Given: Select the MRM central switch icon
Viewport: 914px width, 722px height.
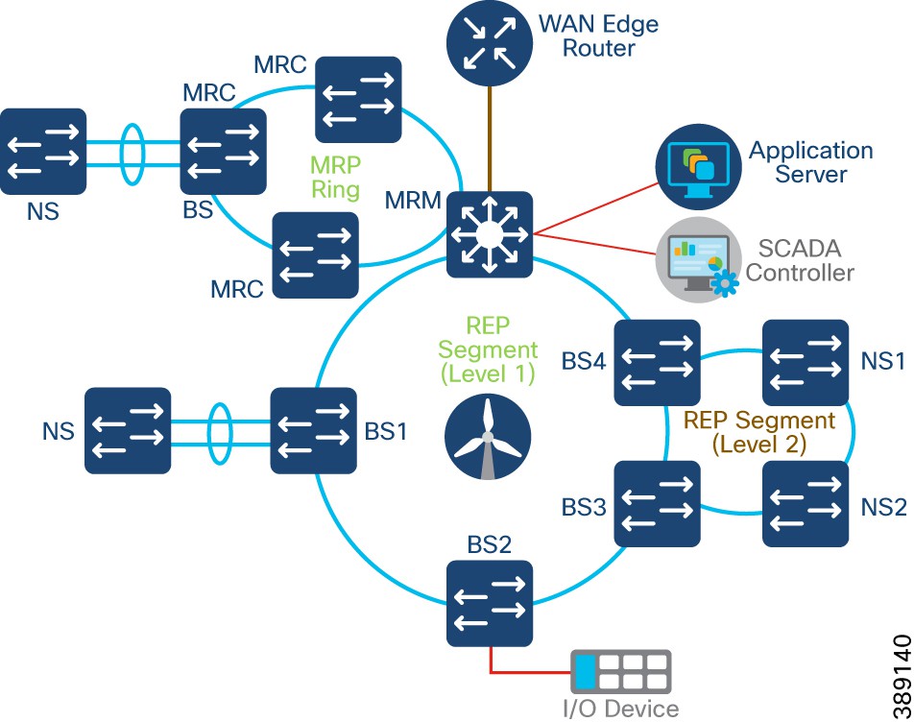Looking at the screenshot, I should point(490,234).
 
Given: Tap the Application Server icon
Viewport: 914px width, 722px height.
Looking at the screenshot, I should point(698,164).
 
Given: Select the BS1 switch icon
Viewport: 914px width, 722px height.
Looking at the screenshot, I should point(313,431).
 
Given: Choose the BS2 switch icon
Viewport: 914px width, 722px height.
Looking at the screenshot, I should point(490,603).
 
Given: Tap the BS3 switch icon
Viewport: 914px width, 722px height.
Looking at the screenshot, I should point(657,503).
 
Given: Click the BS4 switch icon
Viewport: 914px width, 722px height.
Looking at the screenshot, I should point(657,363).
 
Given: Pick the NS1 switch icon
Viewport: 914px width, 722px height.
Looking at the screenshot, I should point(806,363).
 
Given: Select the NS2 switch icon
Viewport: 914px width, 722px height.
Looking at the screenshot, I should point(806,503).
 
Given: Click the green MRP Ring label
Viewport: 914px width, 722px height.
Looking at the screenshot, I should point(336,176).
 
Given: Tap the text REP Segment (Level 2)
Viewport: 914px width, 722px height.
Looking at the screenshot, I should point(758,432).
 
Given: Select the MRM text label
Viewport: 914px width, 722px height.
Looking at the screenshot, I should point(414,203).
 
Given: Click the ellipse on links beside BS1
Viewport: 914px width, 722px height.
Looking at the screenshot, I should point(221,431).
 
